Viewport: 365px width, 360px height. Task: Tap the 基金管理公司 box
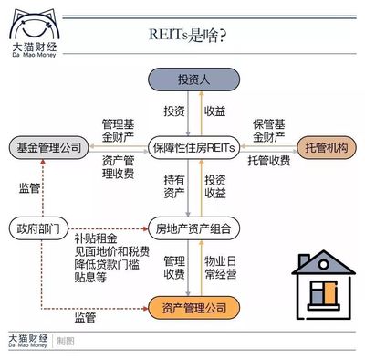(x=45, y=146)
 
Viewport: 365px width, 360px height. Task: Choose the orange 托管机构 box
(x=324, y=146)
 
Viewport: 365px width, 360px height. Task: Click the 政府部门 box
(x=35, y=225)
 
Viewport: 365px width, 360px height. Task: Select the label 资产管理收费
(x=114, y=167)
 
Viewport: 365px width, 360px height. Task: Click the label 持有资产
(x=174, y=185)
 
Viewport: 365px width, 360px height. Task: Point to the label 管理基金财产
(x=118, y=130)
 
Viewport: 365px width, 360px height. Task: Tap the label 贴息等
(x=90, y=280)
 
